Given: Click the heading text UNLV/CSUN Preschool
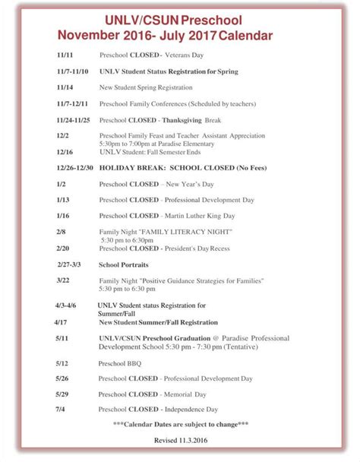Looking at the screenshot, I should pyautogui.click(x=180, y=22).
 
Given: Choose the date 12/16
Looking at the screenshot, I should pyautogui.click(x=65, y=151).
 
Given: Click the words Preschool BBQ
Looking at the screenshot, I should pyautogui.click(x=120, y=363).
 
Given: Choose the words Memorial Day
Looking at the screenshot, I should pyautogui.click(x=190, y=394).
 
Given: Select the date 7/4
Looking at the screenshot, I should pyautogui.click(x=60, y=410).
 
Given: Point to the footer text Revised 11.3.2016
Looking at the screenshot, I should pyautogui.click(x=180, y=440).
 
